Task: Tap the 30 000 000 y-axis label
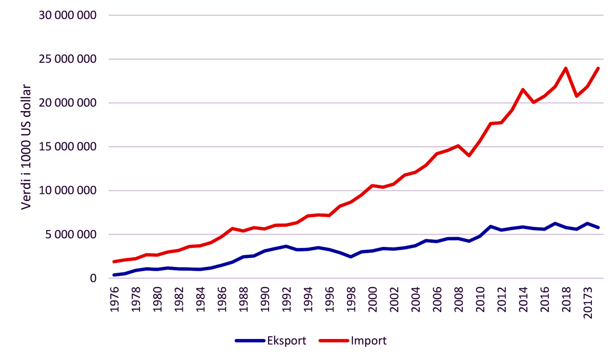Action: click(x=68, y=15)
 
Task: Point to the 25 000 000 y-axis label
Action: click(x=68, y=59)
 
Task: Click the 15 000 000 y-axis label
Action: click(x=68, y=147)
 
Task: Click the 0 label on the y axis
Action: click(x=93, y=279)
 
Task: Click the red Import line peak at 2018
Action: click(x=566, y=68)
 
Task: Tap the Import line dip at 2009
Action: click(x=469, y=155)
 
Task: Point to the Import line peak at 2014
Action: click(x=523, y=90)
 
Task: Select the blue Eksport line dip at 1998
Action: click(x=351, y=257)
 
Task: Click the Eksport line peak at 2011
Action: click(x=490, y=226)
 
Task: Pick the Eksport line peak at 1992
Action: click(x=286, y=246)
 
